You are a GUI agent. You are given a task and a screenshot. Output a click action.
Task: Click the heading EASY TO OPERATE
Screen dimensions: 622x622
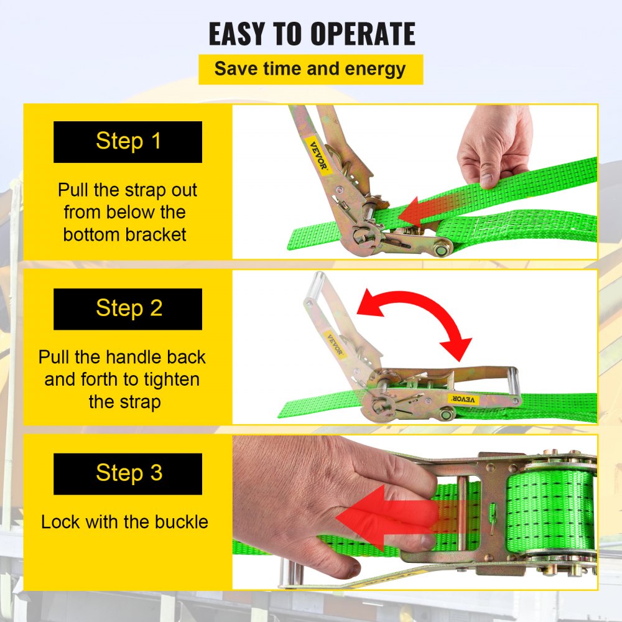pyautogui.click(x=312, y=34)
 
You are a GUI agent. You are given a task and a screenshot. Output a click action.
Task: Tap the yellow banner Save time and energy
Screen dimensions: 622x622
pyautogui.click(x=310, y=70)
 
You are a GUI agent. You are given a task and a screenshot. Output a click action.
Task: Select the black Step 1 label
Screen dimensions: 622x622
pyautogui.click(x=128, y=142)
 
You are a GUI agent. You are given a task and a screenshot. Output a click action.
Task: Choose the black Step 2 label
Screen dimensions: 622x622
pyautogui.click(x=128, y=309)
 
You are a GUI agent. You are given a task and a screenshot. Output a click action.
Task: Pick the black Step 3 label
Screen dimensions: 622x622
pyautogui.click(x=128, y=473)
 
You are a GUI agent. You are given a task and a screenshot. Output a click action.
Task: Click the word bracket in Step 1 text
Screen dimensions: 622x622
pyautogui.click(x=155, y=235)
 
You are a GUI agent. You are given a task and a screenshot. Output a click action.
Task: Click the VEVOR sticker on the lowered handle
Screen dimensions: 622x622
pyautogui.click(x=463, y=399)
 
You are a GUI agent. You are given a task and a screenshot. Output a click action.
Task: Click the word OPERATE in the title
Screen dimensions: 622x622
pyautogui.click(x=363, y=34)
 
